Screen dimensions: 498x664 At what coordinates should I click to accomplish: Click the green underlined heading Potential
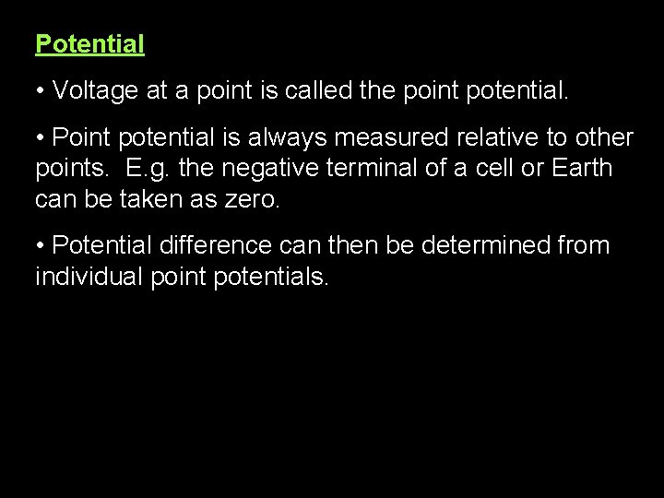tap(89, 43)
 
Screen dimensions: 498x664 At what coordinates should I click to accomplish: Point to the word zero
tap(252, 199)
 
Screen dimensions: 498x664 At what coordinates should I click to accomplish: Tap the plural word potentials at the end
tap(271, 277)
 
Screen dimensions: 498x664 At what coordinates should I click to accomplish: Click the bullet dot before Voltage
tap(41, 90)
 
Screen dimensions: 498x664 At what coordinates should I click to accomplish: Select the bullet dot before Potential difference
tap(41, 246)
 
